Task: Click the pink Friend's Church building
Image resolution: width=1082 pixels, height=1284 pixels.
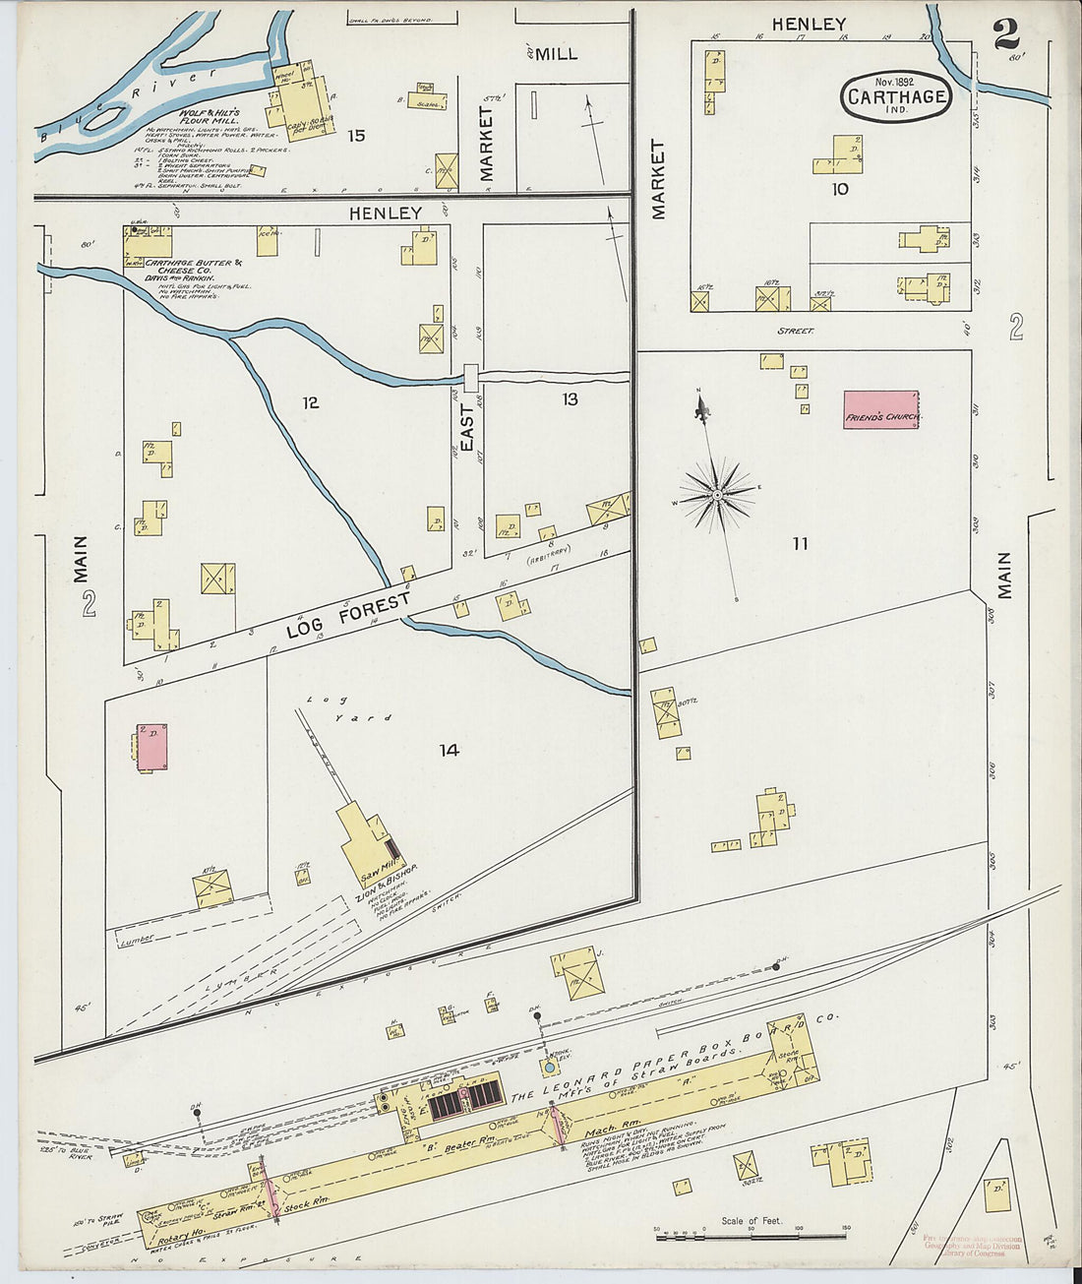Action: pos(880,409)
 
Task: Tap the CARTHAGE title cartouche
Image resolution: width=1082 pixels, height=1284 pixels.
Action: pos(896,97)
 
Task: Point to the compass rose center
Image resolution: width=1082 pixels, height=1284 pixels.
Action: pos(718,492)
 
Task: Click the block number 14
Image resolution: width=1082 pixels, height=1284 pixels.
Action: pos(449,751)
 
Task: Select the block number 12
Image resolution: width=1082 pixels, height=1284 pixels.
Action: pos(310,402)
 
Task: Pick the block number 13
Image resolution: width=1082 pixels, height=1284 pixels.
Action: pos(570,398)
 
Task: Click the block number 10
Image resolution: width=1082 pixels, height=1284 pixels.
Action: pos(839,189)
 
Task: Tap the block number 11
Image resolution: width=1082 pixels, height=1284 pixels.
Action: pos(800,543)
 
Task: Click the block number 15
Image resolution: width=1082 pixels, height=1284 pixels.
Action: pos(356,136)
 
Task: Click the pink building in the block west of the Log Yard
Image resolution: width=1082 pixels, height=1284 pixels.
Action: pos(151,747)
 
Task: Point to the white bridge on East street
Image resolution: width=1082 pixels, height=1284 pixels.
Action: pos(471,376)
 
